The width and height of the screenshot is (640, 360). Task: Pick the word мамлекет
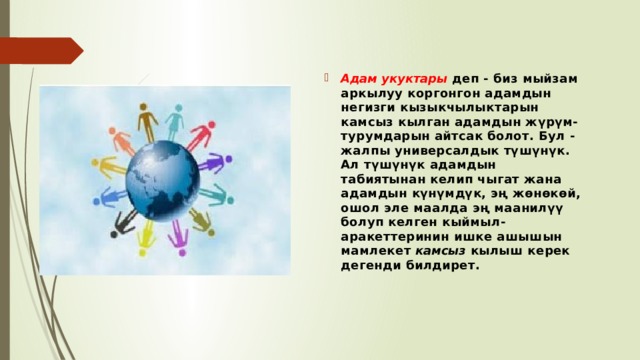[376, 251]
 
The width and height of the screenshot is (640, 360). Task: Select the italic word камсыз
[441, 251]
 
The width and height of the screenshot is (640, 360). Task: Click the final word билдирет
[442, 265]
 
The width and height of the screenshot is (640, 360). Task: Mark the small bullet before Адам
[327, 78]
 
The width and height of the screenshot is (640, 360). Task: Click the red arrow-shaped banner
[41, 51]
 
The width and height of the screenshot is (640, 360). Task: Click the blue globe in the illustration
[162, 180]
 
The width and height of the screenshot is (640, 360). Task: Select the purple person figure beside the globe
[215, 162]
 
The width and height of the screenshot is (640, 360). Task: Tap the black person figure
[124, 223]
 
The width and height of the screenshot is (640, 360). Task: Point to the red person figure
[201, 135]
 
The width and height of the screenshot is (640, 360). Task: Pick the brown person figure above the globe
[147, 121]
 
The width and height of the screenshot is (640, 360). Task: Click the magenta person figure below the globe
[178, 238]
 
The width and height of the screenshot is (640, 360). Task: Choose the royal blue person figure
[110, 196]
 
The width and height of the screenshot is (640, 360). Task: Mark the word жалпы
[365, 151]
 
